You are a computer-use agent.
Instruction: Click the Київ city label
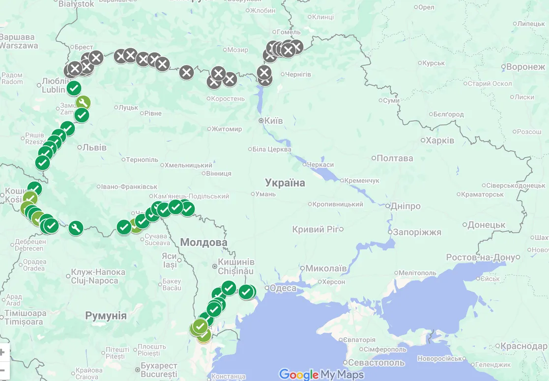pos(274,120)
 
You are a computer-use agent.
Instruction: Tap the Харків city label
pos(440,140)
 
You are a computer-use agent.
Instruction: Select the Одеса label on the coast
pos(283,288)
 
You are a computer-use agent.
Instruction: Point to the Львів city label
pos(94,147)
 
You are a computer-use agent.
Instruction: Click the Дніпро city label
pos(405,206)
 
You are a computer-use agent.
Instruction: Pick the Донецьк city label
pos(487,225)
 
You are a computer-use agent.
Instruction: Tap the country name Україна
pos(285,183)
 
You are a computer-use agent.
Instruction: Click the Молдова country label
pos(203,243)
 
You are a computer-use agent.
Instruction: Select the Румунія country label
pos(106,316)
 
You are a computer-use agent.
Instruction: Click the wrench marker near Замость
pos(83,103)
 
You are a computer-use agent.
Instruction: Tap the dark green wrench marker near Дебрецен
pos(75,228)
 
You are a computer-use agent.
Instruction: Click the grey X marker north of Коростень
pos(218,74)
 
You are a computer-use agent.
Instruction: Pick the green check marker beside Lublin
pos(74,88)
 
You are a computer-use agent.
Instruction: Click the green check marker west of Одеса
pos(246,292)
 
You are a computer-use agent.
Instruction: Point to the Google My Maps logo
pos(321,375)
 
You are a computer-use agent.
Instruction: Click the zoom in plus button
pos(2,352)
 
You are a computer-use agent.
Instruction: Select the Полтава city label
pos(395,158)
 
